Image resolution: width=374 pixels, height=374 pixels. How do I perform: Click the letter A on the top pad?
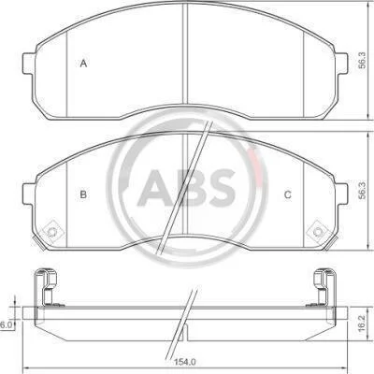point(83,64)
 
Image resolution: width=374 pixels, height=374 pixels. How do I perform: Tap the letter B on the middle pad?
point(83,194)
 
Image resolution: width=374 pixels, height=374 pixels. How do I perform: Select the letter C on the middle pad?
point(288,194)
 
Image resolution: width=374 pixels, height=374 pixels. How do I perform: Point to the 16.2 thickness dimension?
point(362,323)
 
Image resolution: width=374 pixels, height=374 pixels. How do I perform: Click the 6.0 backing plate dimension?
point(6,325)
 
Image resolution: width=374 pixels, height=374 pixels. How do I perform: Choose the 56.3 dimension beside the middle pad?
point(362,191)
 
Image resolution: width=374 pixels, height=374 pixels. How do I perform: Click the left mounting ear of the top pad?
point(29,64)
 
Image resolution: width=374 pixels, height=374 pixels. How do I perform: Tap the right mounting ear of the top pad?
point(341,64)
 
